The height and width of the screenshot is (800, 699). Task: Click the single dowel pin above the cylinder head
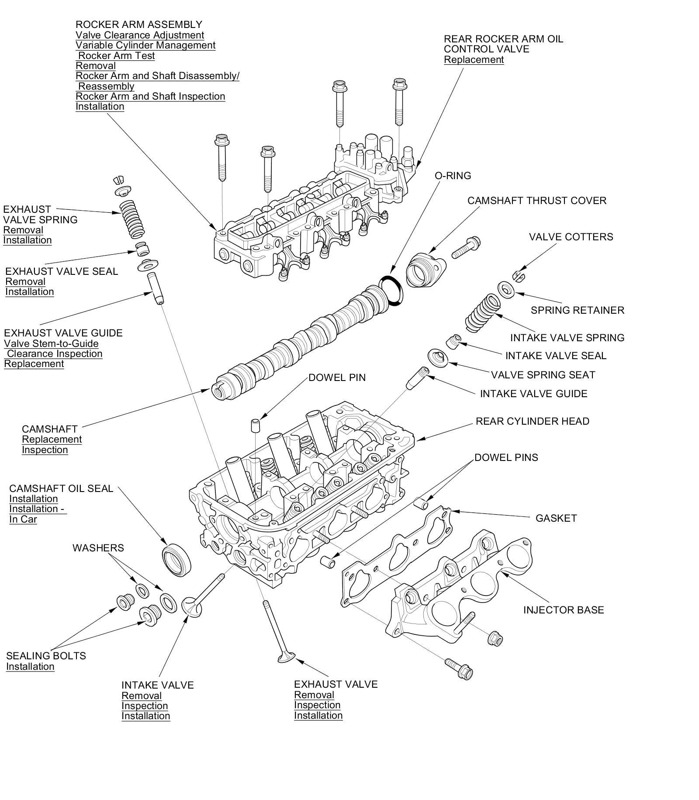tap(255, 425)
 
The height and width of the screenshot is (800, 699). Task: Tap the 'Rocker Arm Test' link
tap(116, 55)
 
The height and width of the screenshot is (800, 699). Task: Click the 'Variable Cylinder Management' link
tap(145, 45)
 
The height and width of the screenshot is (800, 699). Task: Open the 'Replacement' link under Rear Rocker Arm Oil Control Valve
tap(474, 60)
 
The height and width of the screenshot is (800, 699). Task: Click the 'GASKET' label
tap(556, 518)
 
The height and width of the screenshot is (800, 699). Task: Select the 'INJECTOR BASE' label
tap(563, 610)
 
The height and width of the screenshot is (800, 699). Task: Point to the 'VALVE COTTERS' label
tap(571, 237)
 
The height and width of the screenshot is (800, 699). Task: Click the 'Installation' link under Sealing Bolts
tap(30, 667)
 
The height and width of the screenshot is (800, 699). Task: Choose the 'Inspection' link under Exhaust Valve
tap(317, 705)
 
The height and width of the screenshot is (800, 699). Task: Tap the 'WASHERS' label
tap(98, 548)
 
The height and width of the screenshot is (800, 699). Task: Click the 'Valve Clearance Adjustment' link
tap(140, 35)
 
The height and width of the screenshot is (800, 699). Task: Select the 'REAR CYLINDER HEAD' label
tap(532, 421)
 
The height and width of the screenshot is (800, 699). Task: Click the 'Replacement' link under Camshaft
tap(52, 440)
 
